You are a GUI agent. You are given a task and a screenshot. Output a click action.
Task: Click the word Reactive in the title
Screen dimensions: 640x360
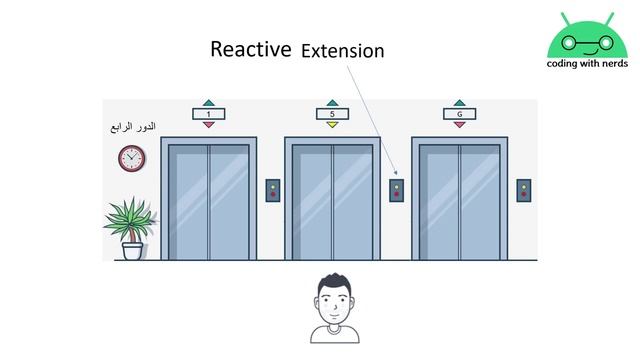(x=251, y=49)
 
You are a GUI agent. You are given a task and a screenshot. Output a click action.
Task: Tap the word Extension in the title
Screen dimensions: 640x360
(x=343, y=51)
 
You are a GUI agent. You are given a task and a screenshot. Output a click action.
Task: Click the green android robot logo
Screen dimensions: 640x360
(x=587, y=36)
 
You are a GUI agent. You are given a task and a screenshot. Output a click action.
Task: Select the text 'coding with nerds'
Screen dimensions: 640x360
(x=587, y=64)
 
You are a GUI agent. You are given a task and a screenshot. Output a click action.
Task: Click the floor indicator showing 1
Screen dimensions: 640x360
(x=209, y=114)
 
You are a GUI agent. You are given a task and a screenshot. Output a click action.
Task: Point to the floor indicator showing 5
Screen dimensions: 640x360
(x=332, y=114)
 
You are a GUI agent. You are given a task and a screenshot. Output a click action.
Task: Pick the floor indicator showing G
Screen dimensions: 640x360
(x=460, y=114)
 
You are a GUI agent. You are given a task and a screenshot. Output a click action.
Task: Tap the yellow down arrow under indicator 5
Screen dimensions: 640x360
(x=332, y=124)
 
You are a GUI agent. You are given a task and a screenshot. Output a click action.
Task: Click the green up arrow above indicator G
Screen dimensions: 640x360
(x=460, y=103)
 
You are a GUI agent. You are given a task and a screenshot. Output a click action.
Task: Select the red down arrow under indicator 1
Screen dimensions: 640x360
(x=209, y=124)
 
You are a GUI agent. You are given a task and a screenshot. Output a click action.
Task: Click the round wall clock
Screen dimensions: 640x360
(x=131, y=158)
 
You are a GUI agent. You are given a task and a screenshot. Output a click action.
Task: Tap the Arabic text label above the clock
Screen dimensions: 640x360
(x=133, y=127)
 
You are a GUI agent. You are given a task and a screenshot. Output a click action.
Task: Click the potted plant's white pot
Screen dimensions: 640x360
(x=133, y=251)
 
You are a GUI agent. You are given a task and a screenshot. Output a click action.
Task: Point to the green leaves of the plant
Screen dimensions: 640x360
(x=130, y=217)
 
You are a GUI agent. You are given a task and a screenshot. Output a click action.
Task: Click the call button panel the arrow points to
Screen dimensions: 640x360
(x=396, y=191)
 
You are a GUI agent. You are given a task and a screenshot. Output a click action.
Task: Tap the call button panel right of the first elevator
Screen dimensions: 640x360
(x=273, y=191)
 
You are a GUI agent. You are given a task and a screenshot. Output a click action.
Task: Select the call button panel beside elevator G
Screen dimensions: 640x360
(x=524, y=191)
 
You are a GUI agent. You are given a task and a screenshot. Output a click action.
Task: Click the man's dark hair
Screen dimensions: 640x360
(x=335, y=282)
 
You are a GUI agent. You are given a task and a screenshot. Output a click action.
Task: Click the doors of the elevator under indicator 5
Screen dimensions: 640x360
(x=332, y=202)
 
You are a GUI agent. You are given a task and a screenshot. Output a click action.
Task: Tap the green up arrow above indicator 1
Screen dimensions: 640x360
(x=209, y=103)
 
